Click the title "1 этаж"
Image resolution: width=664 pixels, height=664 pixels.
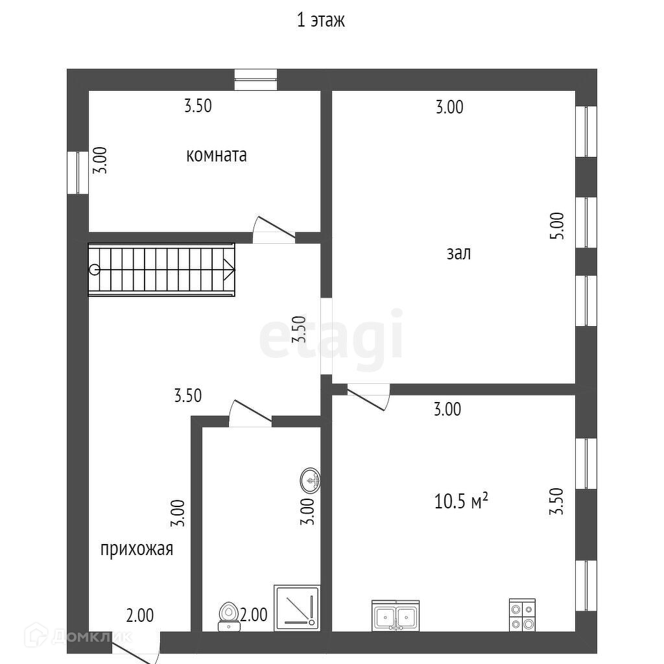tap(321, 20)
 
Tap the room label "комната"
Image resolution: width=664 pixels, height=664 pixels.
tap(217, 156)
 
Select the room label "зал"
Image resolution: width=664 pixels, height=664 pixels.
tap(458, 253)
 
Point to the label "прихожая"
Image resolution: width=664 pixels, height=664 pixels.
tap(137, 549)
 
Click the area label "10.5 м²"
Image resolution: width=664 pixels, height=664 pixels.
tap(460, 501)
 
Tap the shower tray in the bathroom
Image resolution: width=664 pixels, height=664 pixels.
tap(297, 607)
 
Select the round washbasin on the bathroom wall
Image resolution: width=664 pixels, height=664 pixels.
tap(311, 480)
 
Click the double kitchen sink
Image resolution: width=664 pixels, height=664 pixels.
tap(396, 615)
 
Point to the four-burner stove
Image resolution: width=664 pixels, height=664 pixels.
tap(522, 615)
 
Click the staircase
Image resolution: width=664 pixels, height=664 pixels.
tap(161, 269)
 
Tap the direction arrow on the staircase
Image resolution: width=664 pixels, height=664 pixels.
tap(228, 268)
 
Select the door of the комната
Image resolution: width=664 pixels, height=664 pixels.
tap(274, 228)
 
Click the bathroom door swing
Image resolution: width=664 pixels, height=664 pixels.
tap(250, 413)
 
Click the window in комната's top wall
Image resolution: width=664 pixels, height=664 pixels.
tap(255, 80)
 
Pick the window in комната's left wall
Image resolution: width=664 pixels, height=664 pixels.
tap(78, 172)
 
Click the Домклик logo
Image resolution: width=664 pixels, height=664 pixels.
tap(78, 637)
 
